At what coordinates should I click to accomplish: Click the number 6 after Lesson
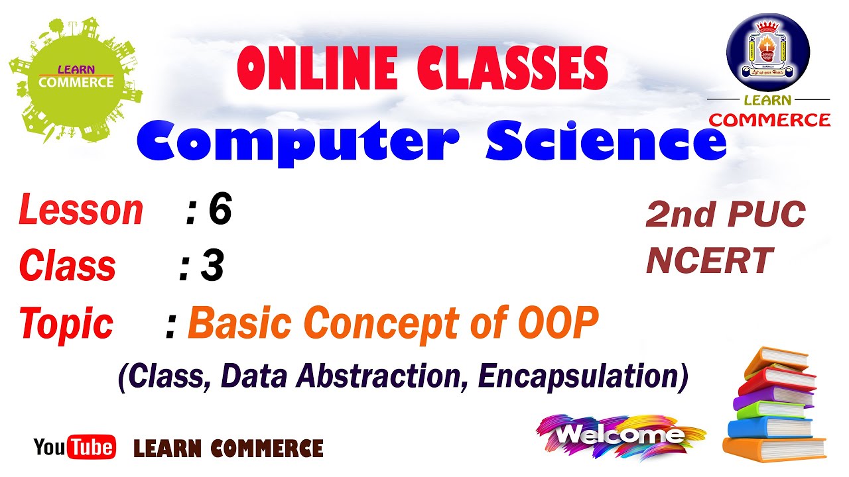tap(220, 211)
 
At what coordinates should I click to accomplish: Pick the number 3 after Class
tap(212, 267)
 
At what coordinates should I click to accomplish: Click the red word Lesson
tap(81, 211)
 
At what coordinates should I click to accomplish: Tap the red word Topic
tap(66, 324)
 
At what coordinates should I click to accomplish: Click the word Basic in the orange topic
tap(239, 323)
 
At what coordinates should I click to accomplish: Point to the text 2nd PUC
tap(725, 215)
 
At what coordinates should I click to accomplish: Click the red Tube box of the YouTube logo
tap(92, 448)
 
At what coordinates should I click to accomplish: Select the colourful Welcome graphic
tap(620, 435)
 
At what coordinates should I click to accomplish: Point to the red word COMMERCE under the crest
tap(769, 120)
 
